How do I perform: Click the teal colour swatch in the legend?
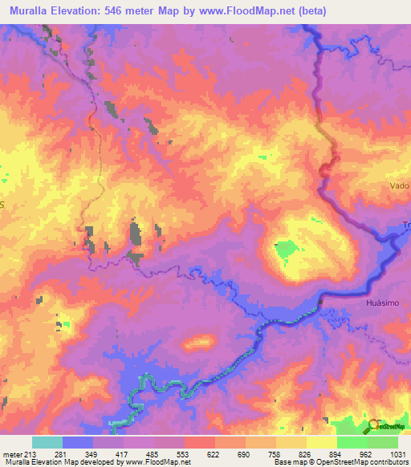[x=47, y=441]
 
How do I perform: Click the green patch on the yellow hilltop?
[x=284, y=250]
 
